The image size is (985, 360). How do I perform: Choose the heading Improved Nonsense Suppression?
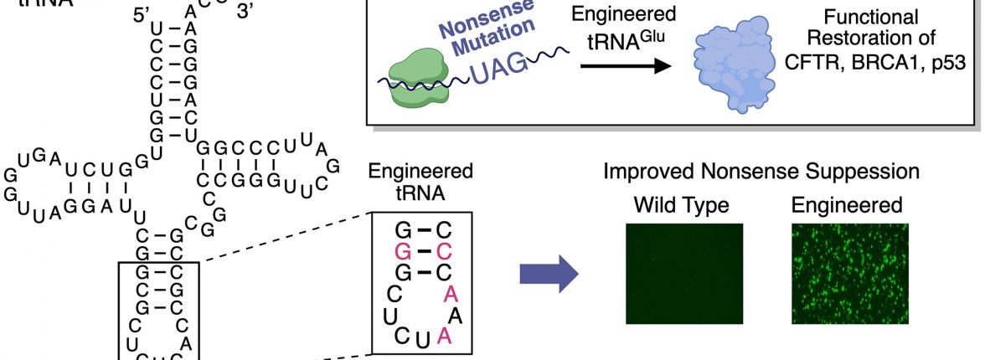pos(761,172)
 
